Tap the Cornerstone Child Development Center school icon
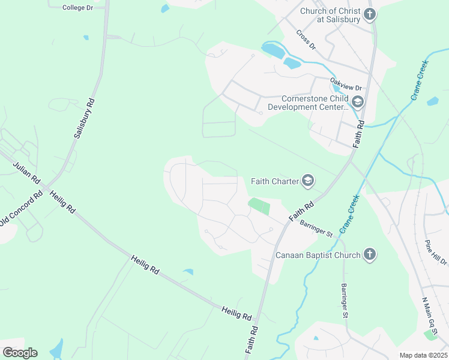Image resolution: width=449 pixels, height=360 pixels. click(358, 102)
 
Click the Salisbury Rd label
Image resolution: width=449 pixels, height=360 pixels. click(85, 119)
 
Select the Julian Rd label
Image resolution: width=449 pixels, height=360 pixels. click(26, 172)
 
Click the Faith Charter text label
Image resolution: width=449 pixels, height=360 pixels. click(276, 181)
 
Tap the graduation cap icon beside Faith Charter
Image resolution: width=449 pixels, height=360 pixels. click(308, 181)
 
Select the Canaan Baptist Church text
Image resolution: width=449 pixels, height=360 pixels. click(318, 255)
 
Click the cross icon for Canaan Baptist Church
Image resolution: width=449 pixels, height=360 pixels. click(370, 255)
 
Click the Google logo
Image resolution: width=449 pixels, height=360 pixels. click(20, 353)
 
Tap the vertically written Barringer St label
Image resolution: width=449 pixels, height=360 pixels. click(345, 301)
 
